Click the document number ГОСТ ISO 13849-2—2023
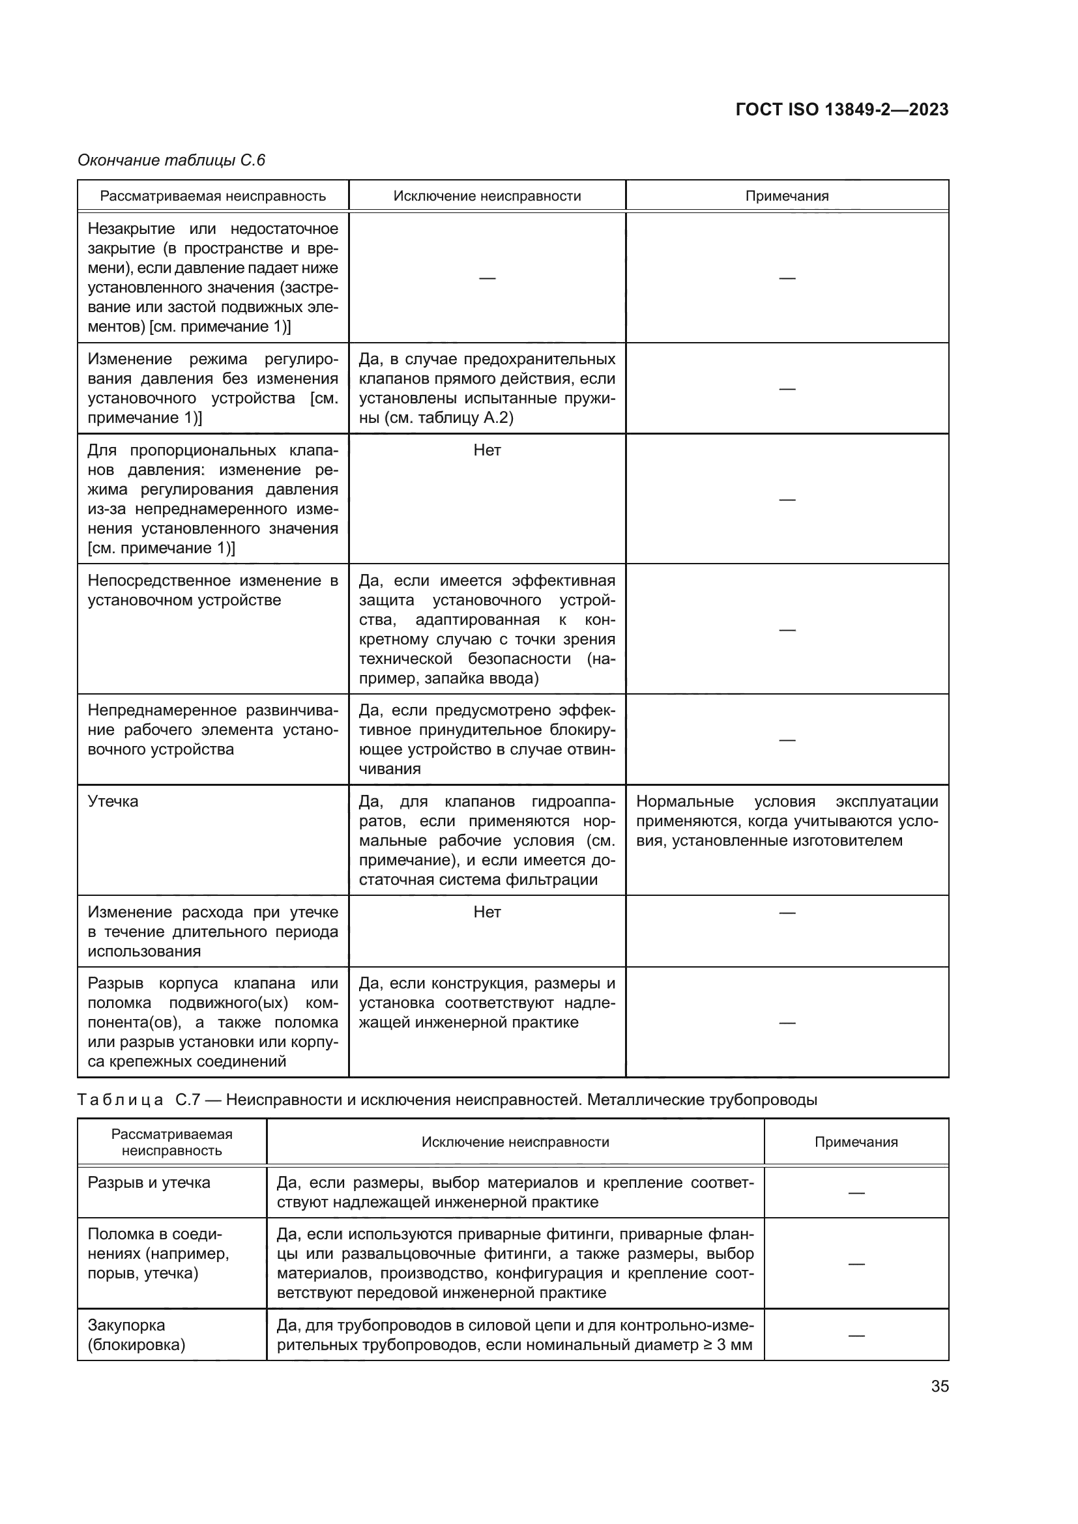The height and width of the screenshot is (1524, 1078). (841, 109)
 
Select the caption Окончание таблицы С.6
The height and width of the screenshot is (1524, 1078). (171, 160)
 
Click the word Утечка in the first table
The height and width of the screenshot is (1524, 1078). (113, 801)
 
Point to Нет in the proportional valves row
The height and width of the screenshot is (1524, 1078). (487, 450)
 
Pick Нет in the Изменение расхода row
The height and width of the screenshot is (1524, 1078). (487, 912)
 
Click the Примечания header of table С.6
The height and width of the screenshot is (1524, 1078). (787, 196)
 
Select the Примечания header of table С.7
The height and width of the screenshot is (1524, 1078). (856, 1142)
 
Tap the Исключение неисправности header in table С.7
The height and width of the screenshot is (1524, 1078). (515, 1142)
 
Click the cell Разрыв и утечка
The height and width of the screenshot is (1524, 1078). (149, 1182)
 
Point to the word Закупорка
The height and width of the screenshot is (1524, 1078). (126, 1325)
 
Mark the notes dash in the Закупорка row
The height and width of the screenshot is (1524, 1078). (856, 1336)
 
